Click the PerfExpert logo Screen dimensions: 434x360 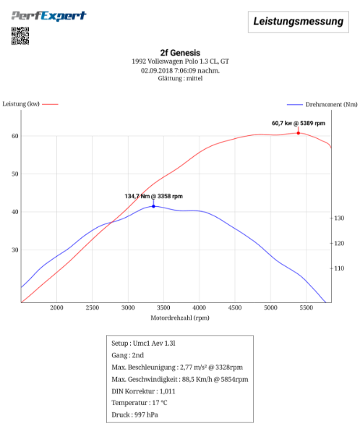point(49,16)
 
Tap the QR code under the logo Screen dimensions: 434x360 point(20,35)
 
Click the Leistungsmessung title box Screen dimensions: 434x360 point(298,22)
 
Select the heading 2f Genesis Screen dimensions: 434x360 point(180,52)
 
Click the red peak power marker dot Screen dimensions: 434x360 point(298,133)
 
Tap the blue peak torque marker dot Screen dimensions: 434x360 point(153,206)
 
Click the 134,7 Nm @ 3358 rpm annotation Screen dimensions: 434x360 point(153,196)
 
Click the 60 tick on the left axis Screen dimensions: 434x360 point(14,136)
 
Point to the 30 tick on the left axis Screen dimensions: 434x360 point(14,250)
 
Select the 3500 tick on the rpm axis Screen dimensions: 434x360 point(164,308)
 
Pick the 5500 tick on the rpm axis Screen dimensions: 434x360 point(306,308)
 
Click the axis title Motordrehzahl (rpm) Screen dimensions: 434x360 point(180,318)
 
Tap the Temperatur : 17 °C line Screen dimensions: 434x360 point(140,403)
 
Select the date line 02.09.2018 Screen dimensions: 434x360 point(180,70)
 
